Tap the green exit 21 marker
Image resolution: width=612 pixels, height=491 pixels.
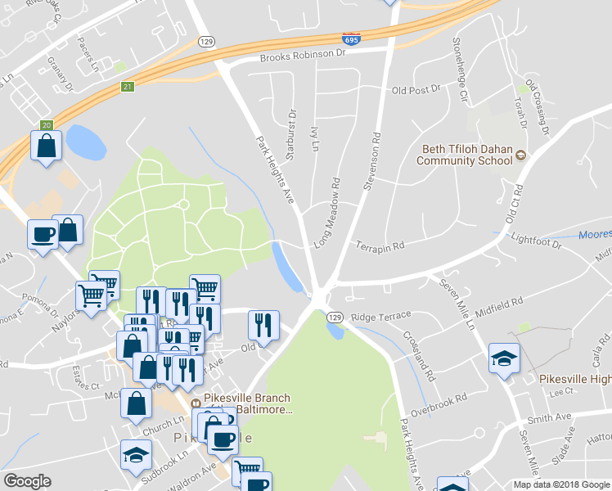[x=128, y=86]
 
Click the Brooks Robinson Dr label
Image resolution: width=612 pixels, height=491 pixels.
[x=304, y=56]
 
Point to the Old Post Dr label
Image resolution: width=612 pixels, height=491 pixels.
[x=416, y=89]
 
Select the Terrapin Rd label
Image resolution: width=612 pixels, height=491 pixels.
[x=380, y=245]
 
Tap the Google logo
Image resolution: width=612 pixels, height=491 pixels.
[x=28, y=481]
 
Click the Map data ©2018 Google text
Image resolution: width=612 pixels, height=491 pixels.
[x=560, y=484]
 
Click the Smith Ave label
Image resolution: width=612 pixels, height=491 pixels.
[x=549, y=418]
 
